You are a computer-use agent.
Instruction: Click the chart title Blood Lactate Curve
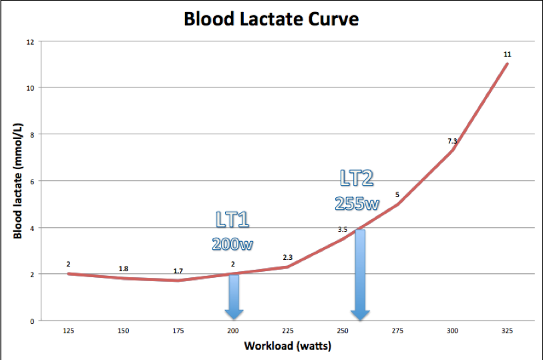pos(271,19)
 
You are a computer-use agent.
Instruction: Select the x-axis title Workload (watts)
pos(288,346)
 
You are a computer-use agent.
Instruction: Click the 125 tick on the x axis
pos(68,331)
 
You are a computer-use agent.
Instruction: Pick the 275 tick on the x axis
pos(397,331)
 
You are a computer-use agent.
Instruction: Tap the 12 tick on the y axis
pos(29,41)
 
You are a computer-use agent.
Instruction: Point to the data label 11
pos(508,53)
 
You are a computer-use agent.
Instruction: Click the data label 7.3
pos(452,141)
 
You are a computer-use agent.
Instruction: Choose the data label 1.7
pos(178,271)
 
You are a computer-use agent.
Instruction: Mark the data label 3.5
pos(342,229)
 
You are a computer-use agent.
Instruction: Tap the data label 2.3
pos(288,257)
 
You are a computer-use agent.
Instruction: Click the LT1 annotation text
pos(233,220)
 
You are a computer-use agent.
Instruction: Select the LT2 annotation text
pos(357,178)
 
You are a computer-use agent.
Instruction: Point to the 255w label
pos(357,202)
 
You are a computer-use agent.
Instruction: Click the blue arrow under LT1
pos(233,295)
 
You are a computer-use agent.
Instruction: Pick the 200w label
pos(233,244)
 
